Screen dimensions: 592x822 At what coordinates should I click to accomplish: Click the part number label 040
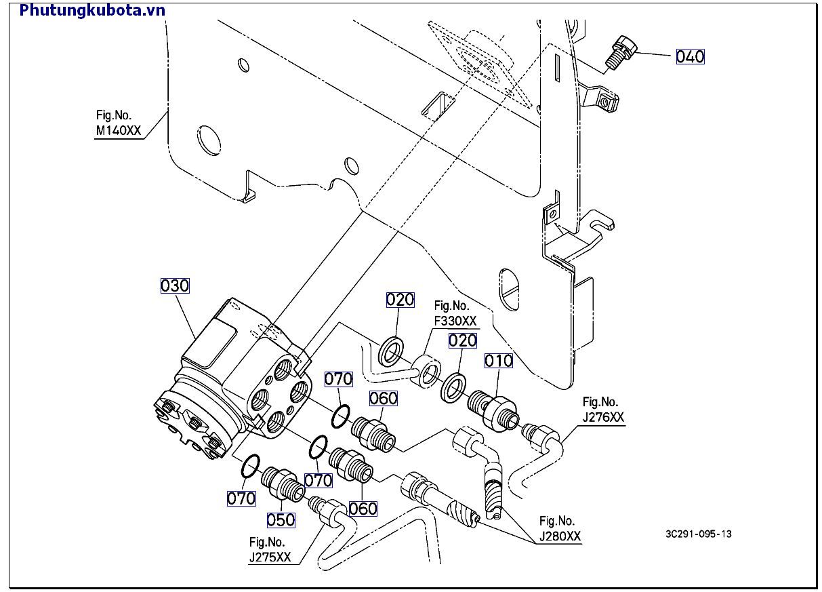pyautogui.click(x=690, y=57)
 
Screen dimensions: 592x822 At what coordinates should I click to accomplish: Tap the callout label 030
pyautogui.click(x=175, y=286)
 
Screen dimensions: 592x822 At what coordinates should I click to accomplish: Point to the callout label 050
pyautogui.click(x=281, y=520)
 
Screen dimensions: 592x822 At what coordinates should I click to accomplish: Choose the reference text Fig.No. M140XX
pyautogui.click(x=118, y=123)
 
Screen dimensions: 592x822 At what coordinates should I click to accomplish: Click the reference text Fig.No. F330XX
pyautogui.click(x=455, y=313)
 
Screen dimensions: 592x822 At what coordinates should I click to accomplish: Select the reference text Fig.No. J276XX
pyautogui.click(x=603, y=410)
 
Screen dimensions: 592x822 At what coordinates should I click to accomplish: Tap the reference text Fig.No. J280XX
pyautogui.click(x=560, y=529)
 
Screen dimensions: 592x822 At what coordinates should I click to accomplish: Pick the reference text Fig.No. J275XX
pyautogui.click(x=270, y=550)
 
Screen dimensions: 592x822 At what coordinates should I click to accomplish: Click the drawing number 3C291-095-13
pyautogui.click(x=698, y=534)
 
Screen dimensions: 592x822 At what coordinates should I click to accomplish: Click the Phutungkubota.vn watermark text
pyautogui.click(x=92, y=10)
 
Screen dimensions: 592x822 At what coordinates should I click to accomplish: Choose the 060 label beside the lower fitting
pyautogui.click(x=363, y=508)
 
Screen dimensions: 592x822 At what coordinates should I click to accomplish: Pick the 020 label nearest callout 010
pyautogui.click(x=463, y=340)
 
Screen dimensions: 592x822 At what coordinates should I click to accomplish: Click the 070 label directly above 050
pyautogui.click(x=317, y=480)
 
